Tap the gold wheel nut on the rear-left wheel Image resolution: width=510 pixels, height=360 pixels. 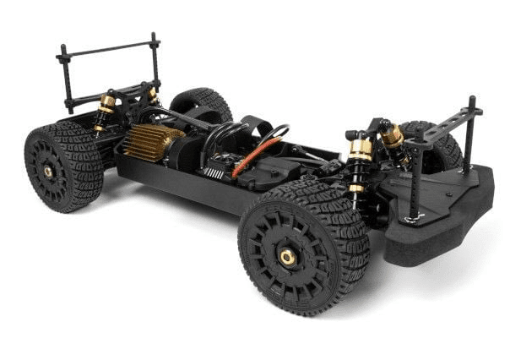[x=48, y=172]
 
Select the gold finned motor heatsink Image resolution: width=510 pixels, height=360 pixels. [x=151, y=141]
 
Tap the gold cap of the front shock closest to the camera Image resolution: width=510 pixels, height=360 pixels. [x=361, y=148]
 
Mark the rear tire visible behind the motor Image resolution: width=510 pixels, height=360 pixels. [x=203, y=102]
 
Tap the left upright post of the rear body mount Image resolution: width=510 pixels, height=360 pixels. [x=66, y=80]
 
